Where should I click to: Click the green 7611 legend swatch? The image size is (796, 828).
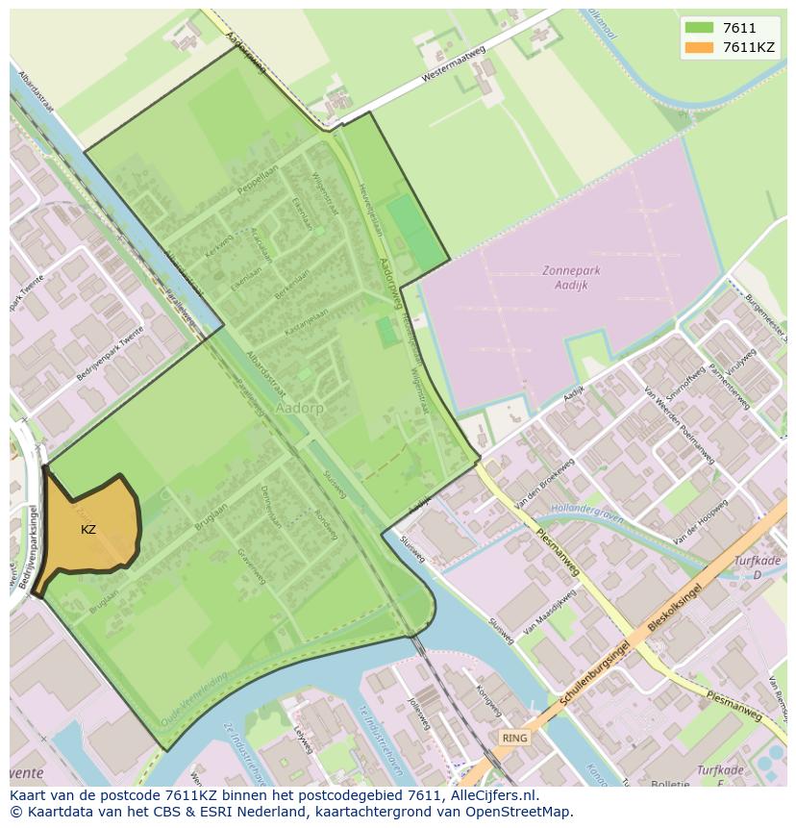pos(699,28)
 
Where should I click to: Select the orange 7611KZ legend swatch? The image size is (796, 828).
pos(699,47)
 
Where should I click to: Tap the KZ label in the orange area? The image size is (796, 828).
pos(88,530)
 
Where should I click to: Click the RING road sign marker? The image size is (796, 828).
pos(514,738)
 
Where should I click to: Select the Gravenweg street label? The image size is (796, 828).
pos(253,566)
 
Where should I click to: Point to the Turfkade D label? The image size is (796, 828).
pos(756,566)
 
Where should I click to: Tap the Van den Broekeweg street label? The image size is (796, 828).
pos(544,483)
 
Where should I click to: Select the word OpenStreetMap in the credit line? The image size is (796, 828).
pos(522,812)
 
